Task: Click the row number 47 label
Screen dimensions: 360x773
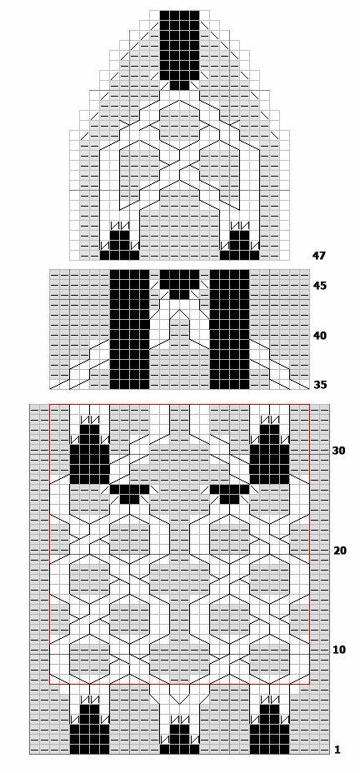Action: coord(318,256)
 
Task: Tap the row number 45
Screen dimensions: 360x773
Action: coord(319,286)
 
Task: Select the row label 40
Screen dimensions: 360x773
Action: coord(319,336)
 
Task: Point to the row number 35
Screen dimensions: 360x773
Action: coord(319,385)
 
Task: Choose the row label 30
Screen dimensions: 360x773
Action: coord(338,451)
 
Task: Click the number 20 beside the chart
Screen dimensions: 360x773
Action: coord(340,551)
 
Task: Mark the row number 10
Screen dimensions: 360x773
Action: coord(340,651)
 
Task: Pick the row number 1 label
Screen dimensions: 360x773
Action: coord(337,751)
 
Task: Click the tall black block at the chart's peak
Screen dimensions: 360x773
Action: coord(179,49)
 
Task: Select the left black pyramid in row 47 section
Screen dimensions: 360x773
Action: coord(119,246)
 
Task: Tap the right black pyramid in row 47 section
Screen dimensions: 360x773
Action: coord(240,246)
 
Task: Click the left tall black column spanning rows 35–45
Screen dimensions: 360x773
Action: coord(129,329)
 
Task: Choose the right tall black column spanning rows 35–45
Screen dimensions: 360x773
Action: coord(230,329)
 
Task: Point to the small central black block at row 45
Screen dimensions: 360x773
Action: coord(179,282)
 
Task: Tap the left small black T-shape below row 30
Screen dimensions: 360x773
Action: coord(129,492)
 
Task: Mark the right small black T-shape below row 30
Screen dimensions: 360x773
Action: coord(230,492)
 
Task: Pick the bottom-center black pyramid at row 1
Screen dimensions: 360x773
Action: coord(179,740)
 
